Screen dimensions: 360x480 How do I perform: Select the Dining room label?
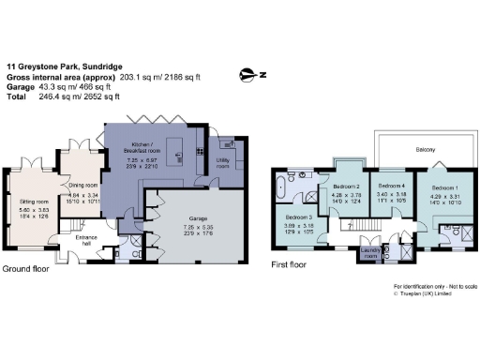pos(86,185)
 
